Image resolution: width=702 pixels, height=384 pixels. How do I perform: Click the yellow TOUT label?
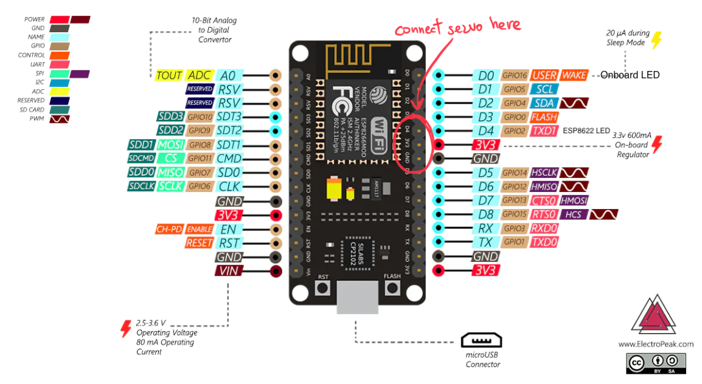point(169,75)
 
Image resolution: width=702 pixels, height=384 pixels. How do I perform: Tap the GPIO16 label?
point(514,75)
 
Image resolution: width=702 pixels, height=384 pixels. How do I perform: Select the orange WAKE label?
point(574,75)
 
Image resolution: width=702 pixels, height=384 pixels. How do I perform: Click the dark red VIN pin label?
point(229,271)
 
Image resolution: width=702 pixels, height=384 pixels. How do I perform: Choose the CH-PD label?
point(169,229)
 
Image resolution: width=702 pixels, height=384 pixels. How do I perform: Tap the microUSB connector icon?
point(481,340)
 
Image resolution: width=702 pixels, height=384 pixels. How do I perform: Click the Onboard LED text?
point(630,75)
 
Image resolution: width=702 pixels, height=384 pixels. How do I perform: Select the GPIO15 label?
point(514,214)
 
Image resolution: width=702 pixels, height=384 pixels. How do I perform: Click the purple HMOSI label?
point(574,201)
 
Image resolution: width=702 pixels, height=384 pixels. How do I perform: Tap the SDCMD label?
point(141,159)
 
